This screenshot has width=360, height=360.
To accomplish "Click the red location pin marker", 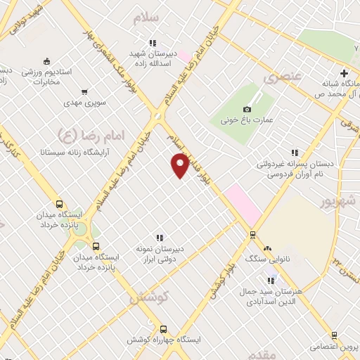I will point(181,165).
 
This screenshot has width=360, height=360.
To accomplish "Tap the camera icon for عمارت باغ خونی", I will point(247,109).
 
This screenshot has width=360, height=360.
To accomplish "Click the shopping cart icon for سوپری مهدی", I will point(85,91).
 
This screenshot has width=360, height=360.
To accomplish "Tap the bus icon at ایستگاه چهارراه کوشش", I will point(164,329).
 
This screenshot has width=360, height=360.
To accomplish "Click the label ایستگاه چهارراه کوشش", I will point(163,340).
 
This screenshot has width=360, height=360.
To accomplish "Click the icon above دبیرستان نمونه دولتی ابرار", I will point(160,237).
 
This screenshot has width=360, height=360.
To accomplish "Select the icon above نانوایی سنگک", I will point(267,249).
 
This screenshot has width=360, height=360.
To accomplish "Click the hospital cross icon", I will point(344,73).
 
